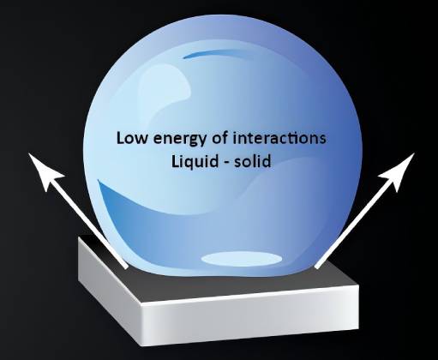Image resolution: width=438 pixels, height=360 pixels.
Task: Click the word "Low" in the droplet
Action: [133, 137]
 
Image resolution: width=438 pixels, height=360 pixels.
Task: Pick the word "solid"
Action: [252, 161]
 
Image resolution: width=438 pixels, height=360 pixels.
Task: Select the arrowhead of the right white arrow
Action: [399, 169]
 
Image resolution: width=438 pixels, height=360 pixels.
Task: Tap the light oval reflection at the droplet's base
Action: [242, 259]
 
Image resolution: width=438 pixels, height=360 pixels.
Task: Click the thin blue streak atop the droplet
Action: [217, 53]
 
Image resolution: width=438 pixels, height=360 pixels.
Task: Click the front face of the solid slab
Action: [249, 317]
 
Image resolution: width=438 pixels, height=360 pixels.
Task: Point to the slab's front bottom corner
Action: [141, 346]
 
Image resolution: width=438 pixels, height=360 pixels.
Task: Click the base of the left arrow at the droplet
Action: [126, 267]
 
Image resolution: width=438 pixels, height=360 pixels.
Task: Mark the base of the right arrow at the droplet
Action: [315, 267]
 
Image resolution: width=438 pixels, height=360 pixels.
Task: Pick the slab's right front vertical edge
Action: [358, 307]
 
